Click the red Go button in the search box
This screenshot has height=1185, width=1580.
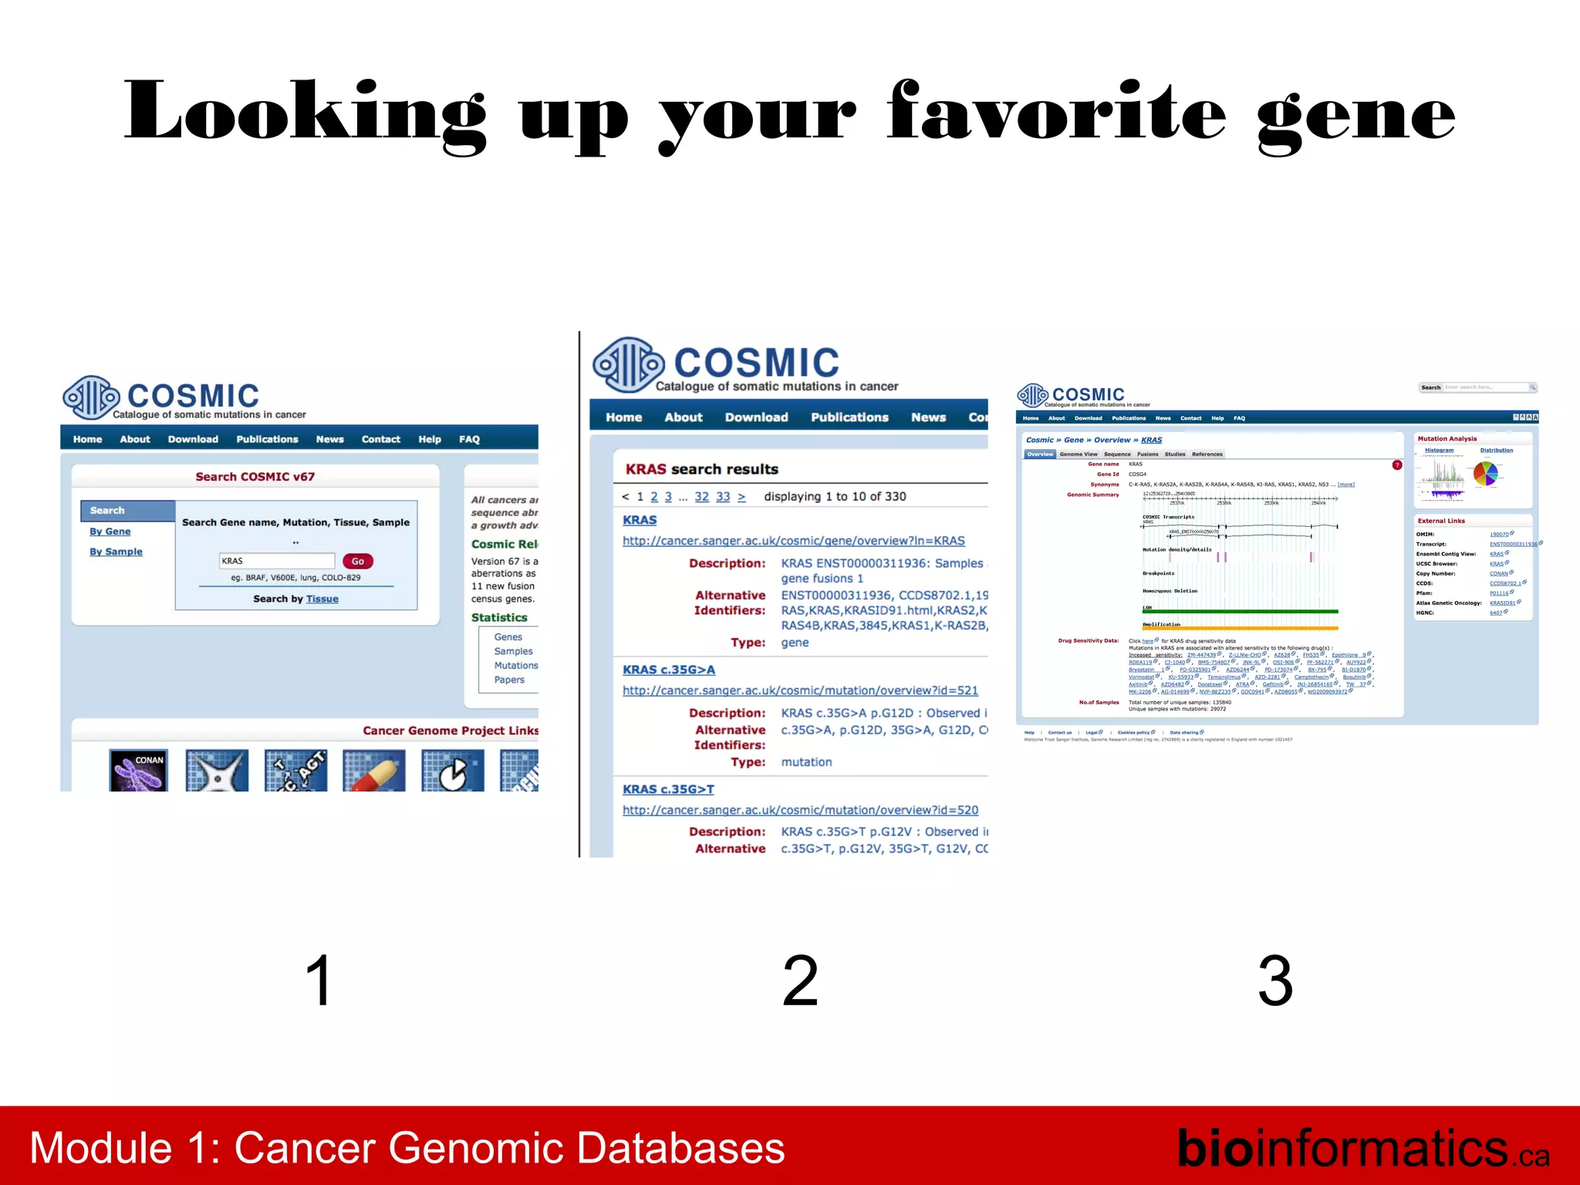(357, 561)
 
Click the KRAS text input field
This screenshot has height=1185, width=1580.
(276, 561)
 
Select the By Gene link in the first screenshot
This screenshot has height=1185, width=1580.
(110, 532)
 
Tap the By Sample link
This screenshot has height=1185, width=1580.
(116, 552)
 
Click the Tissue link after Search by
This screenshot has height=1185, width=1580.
(322, 599)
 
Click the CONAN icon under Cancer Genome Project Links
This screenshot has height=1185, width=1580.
(139, 770)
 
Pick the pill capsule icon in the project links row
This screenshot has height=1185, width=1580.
(374, 770)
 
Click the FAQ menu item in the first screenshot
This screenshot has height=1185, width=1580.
(469, 439)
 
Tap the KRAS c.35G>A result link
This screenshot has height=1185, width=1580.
(668, 670)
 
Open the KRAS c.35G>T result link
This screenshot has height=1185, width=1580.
(668, 789)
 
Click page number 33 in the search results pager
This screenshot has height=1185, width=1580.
(722, 497)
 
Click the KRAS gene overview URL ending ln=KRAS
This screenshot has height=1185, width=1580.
(793, 541)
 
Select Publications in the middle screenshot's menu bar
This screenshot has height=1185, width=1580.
(849, 417)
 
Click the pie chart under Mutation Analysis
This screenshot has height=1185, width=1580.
(1485, 474)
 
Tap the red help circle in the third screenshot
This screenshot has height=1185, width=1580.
(1396, 464)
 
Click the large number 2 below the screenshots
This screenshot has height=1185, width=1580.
(799, 981)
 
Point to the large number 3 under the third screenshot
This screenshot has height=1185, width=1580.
(1274, 981)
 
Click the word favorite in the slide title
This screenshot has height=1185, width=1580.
(1055, 114)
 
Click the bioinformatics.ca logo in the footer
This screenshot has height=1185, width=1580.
(1362, 1148)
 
